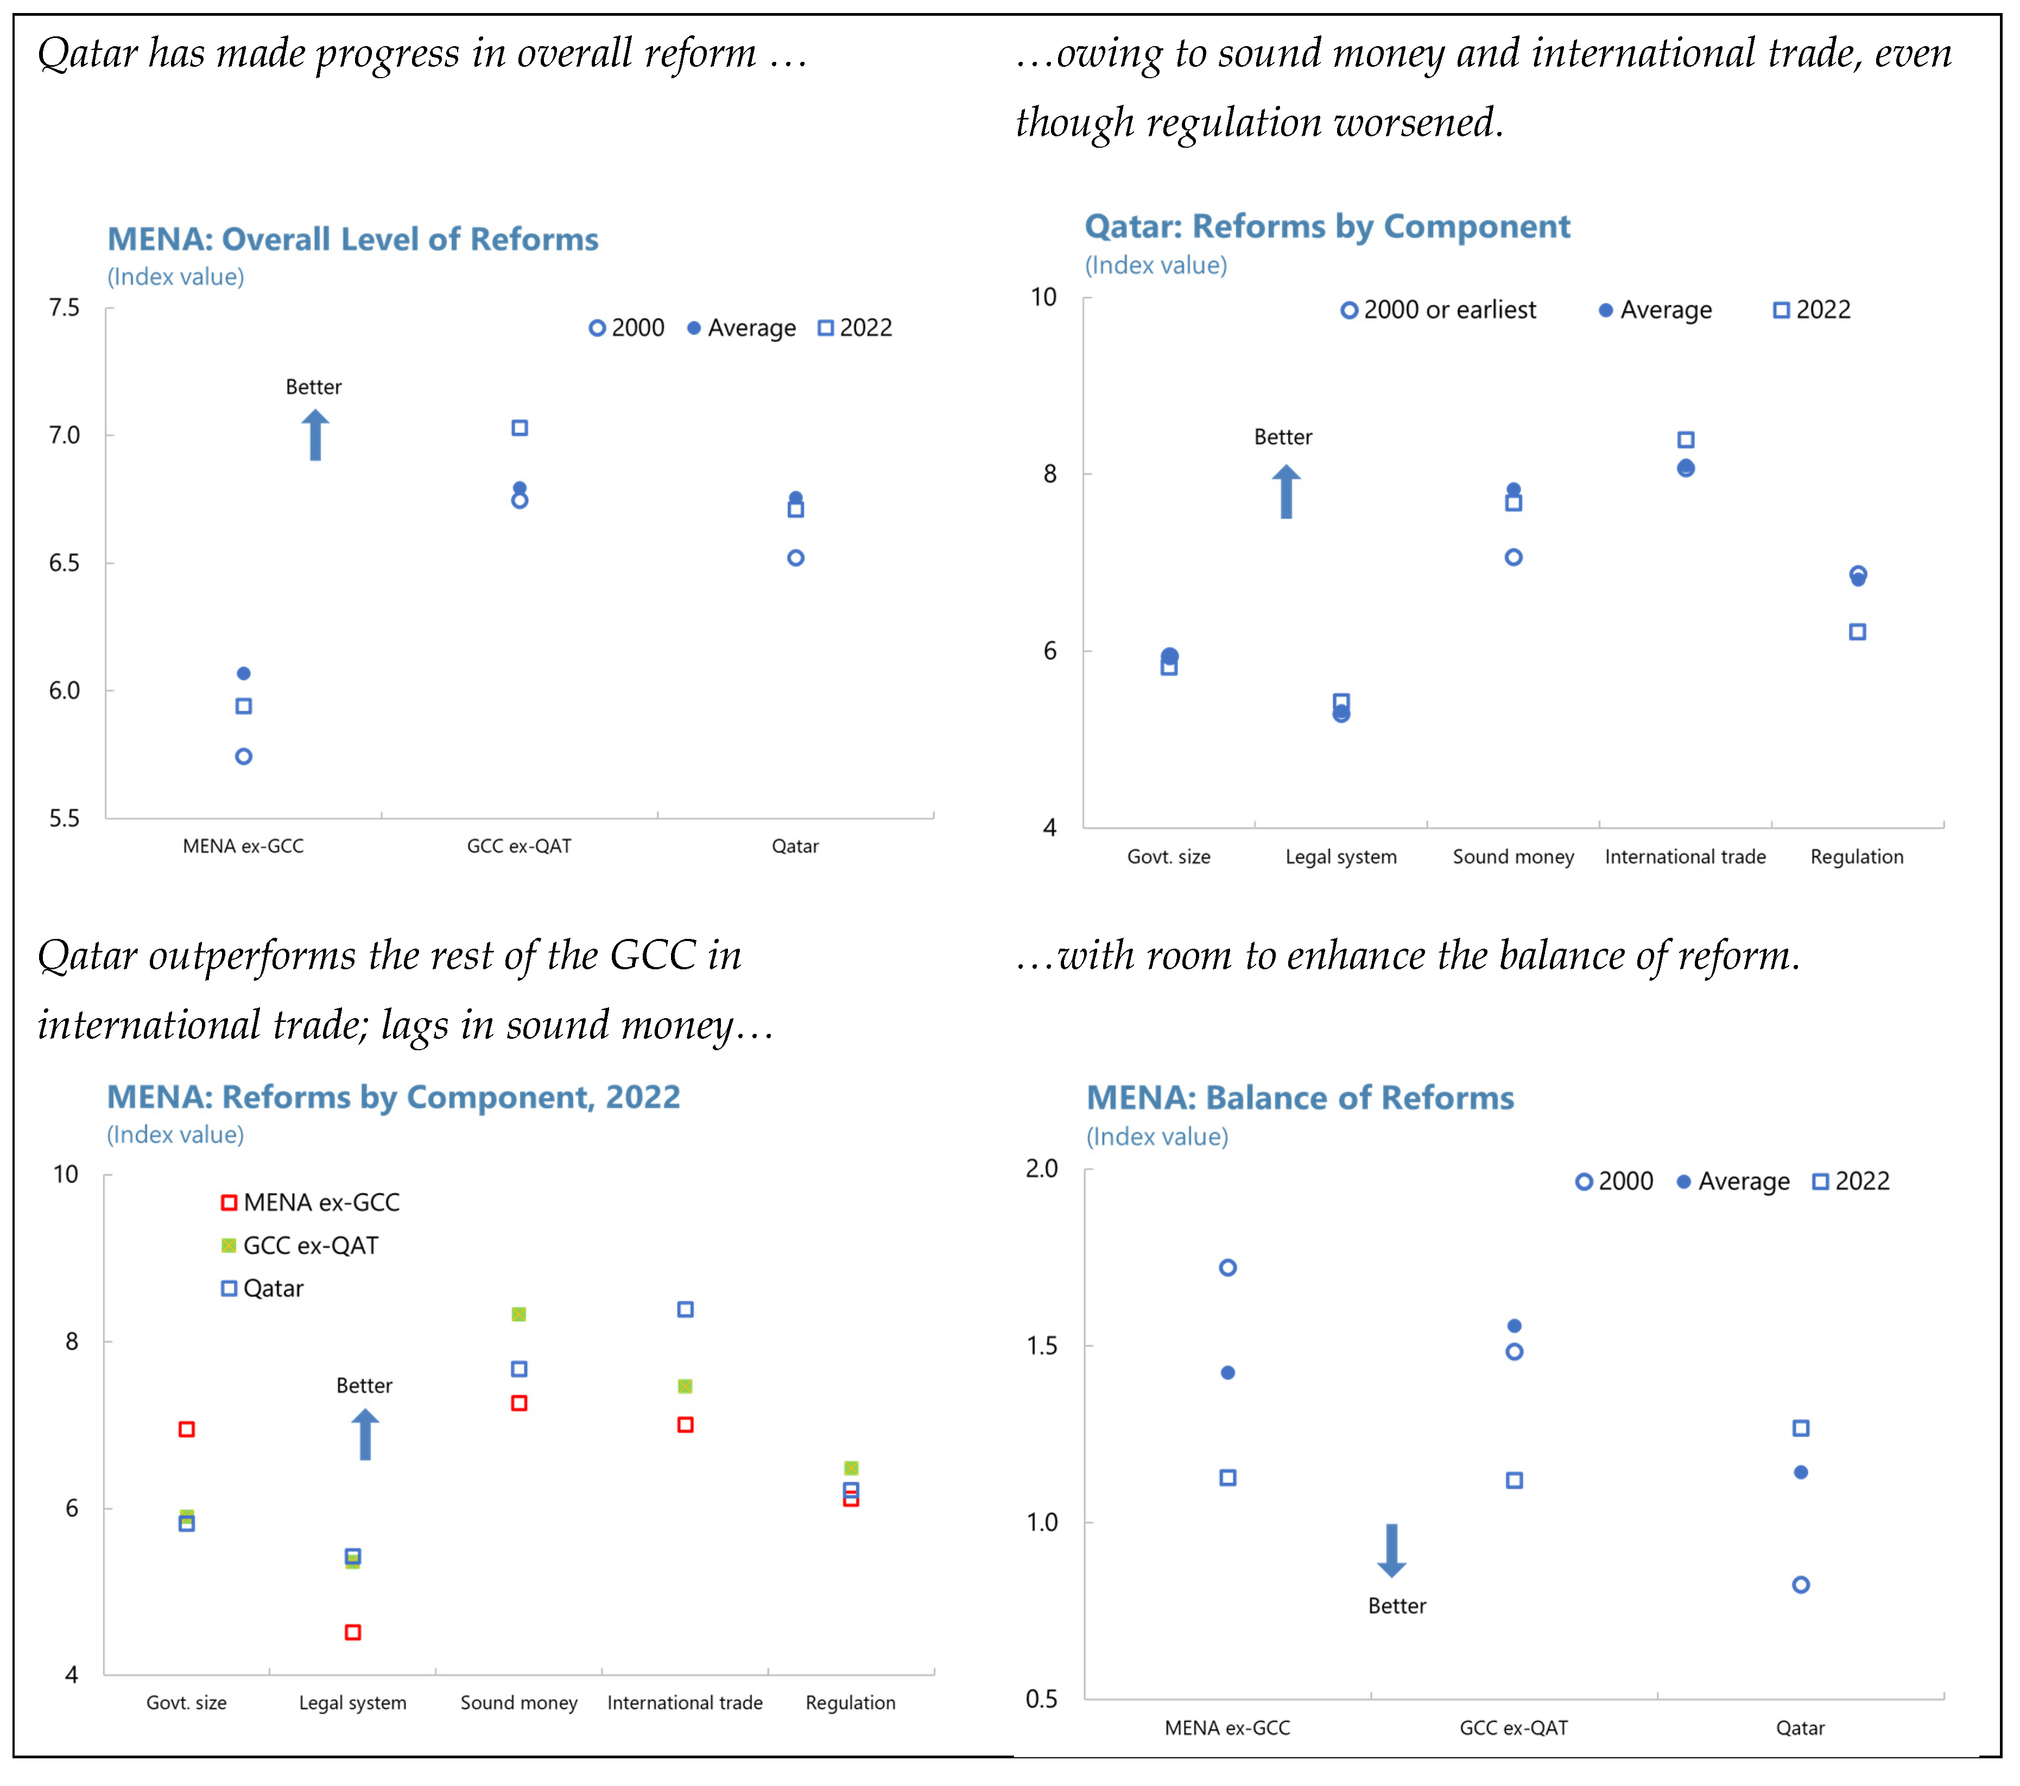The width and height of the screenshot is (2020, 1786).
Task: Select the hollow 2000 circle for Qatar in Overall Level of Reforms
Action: pos(795,558)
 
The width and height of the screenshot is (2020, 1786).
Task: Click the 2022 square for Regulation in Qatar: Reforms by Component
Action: pos(1857,632)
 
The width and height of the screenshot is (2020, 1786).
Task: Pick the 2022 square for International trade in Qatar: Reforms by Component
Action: pos(1686,440)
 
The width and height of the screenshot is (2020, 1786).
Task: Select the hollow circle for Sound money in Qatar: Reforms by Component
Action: pos(1513,558)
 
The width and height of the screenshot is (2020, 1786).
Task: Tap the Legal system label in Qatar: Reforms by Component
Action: pos(1341,857)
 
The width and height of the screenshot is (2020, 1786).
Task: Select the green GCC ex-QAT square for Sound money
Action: pos(519,1315)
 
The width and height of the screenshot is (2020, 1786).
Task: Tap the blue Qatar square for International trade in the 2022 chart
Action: pos(685,1310)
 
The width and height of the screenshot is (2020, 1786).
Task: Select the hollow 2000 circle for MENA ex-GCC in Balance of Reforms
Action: pos(1227,1268)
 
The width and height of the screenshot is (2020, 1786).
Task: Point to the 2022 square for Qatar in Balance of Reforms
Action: pos(1801,1428)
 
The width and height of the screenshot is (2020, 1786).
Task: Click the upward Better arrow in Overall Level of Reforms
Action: pos(315,436)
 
